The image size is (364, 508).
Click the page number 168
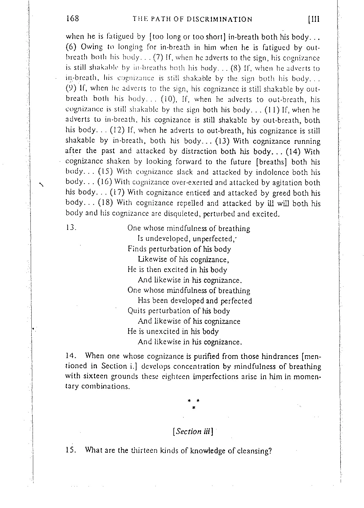[x=73, y=19]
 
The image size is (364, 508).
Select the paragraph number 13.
[x=71, y=228]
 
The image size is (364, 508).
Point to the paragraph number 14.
[x=71, y=356]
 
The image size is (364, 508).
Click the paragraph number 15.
[x=71, y=451]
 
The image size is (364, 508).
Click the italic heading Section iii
[x=193, y=431]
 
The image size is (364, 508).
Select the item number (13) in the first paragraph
[x=224, y=141]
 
